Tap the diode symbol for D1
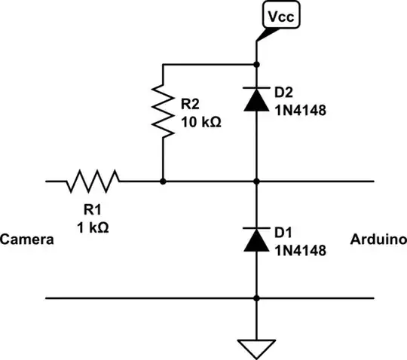coord(257,239)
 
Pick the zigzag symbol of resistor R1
coord(93,181)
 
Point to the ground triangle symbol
coord(257,348)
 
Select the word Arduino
coord(379,240)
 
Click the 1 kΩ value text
coord(92,227)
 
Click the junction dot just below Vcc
coord(257,64)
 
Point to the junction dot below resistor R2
coord(163,181)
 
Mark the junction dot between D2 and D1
coord(257,181)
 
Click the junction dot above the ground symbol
coord(257,298)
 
